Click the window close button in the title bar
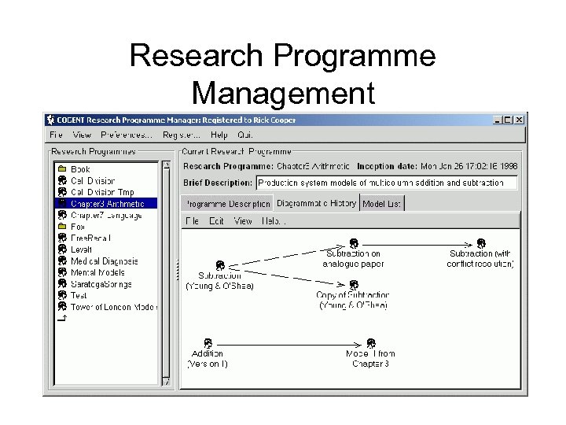pyautogui.click(x=519, y=120)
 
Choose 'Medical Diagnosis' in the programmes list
pyautogui.click(x=104, y=261)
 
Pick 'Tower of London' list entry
pyautogui.click(x=112, y=307)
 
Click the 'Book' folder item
pyautogui.click(x=80, y=169)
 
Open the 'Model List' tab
pyautogui.click(x=382, y=204)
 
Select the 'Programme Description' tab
pyautogui.click(x=228, y=204)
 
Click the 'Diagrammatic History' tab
pyautogui.click(x=316, y=203)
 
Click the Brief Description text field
pyautogui.click(x=387, y=183)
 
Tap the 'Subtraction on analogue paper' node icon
pyautogui.click(x=354, y=244)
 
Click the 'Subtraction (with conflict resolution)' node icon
pyautogui.click(x=481, y=244)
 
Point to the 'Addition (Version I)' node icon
pyautogui.click(x=208, y=343)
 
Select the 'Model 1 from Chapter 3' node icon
pyautogui.click(x=370, y=344)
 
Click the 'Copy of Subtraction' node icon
pyautogui.click(x=354, y=285)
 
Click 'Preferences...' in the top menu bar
pyautogui.click(x=127, y=135)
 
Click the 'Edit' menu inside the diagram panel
pyautogui.click(x=216, y=221)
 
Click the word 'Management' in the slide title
pyautogui.click(x=283, y=92)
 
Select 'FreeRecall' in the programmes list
pyautogui.click(x=90, y=238)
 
